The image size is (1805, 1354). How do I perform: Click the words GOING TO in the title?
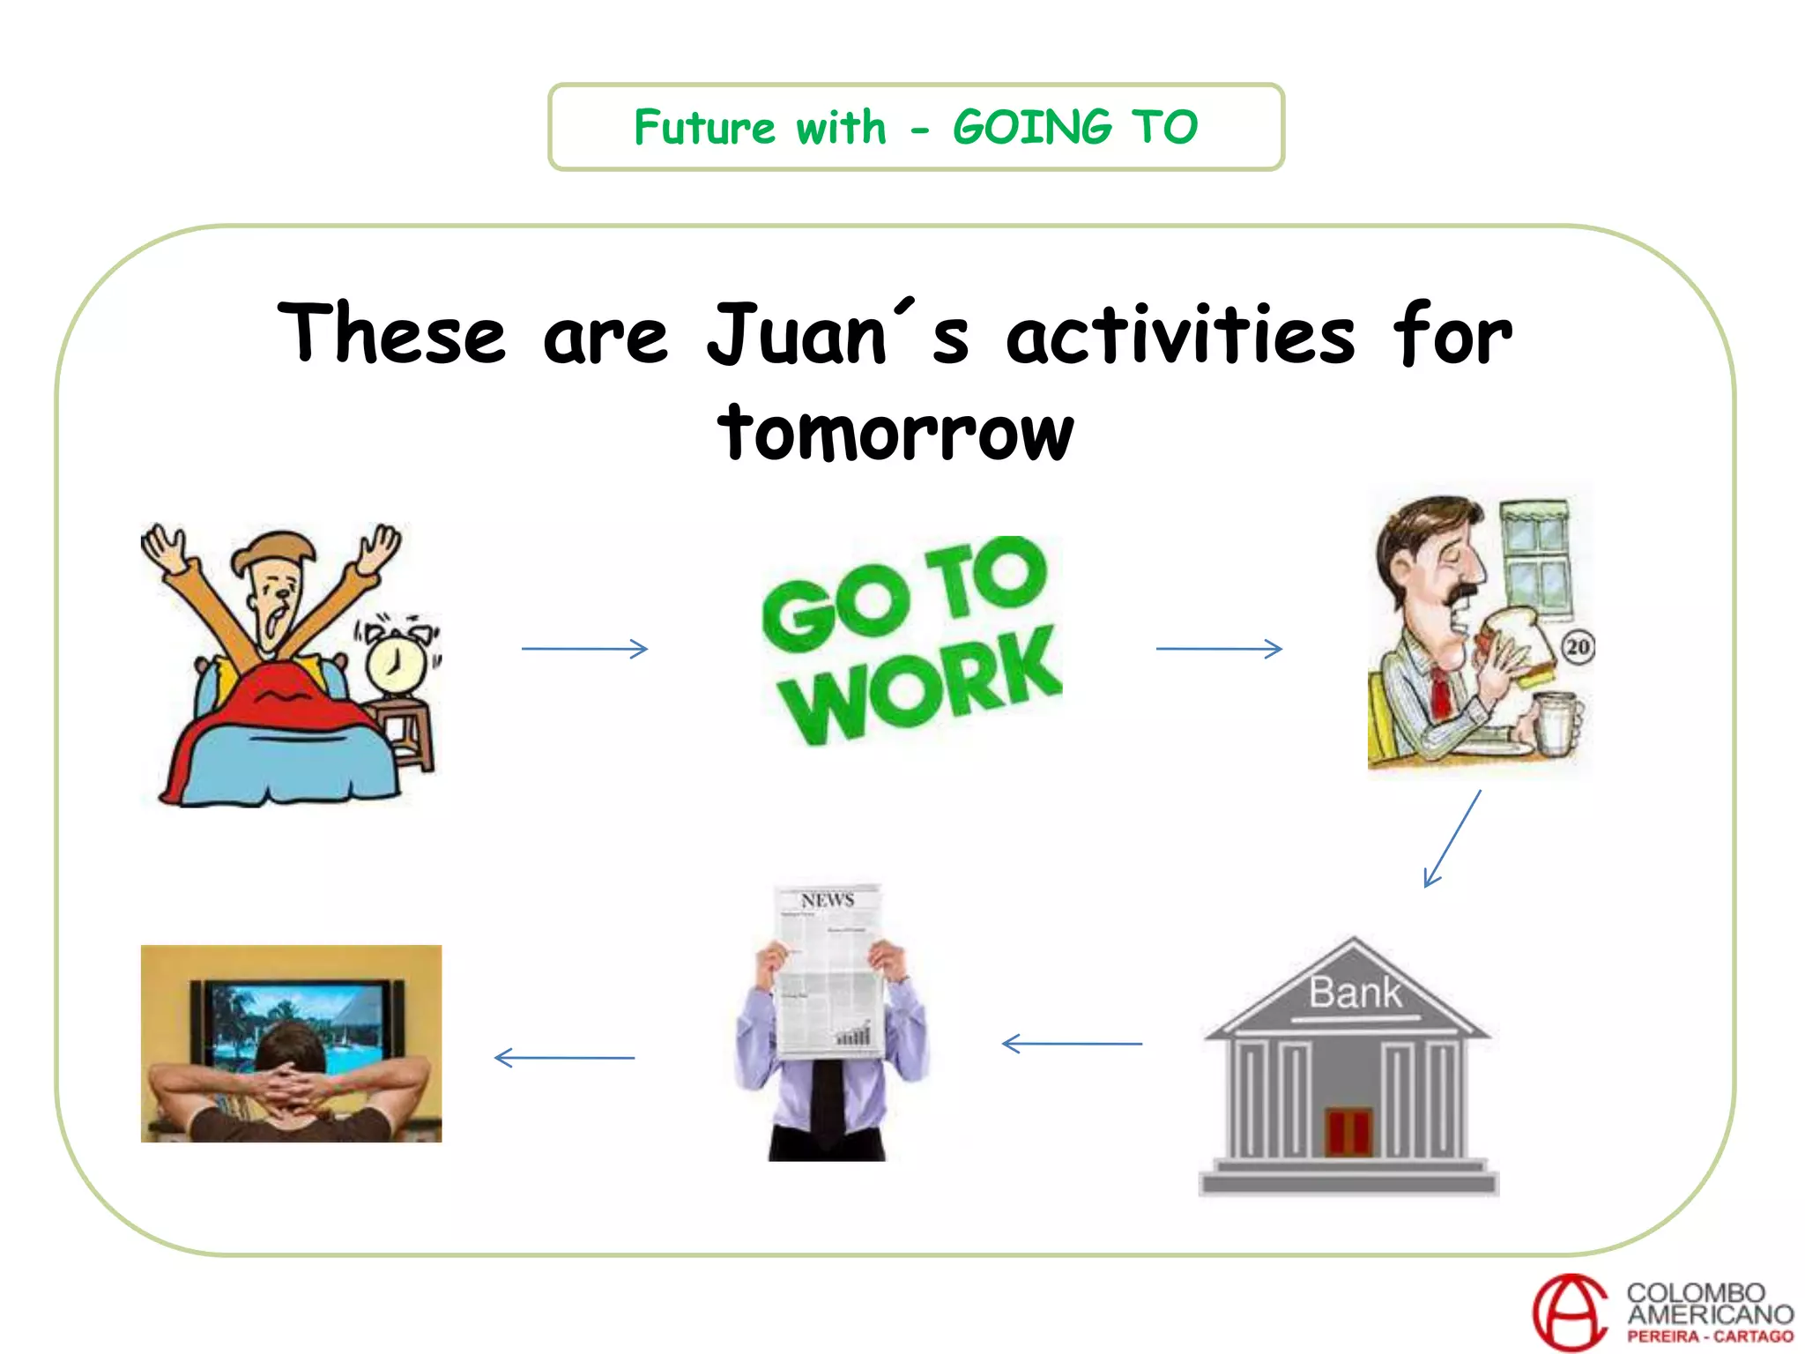click(x=1075, y=127)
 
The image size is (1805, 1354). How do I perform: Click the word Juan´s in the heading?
click(x=837, y=335)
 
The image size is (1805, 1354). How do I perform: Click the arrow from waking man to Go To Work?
click(x=584, y=649)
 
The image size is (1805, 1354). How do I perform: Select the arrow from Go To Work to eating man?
click(x=1219, y=649)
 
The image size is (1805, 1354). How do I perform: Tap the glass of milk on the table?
click(x=1556, y=723)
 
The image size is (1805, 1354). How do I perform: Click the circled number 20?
click(x=1578, y=648)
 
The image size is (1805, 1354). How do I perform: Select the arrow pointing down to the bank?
click(x=1452, y=838)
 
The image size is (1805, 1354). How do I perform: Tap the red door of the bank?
click(x=1348, y=1133)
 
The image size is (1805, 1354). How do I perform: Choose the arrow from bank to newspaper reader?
click(x=1072, y=1044)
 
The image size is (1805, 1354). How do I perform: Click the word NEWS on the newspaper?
click(x=828, y=900)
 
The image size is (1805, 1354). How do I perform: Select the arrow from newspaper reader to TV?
click(x=564, y=1057)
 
